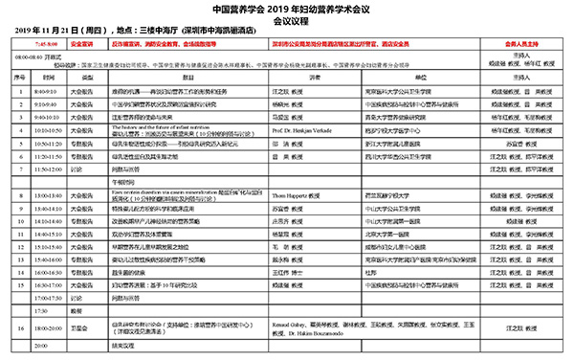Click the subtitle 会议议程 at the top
287,19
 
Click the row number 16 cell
15,327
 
